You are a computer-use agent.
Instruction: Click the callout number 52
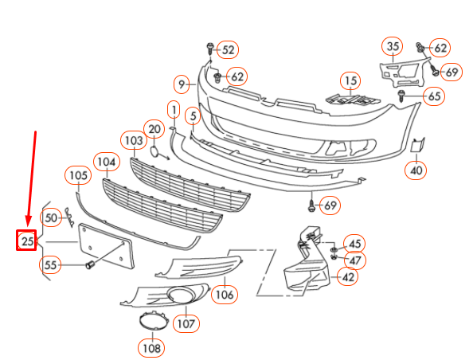pos(229,50)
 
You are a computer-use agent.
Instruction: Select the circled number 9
pos(182,83)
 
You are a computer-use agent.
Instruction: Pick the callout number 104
pos(105,162)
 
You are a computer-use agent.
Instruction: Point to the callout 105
pos(78,175)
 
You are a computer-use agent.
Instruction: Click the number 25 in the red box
pos(27,240)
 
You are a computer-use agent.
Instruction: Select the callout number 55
pos(50,265)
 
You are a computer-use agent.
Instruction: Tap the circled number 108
pos(150,347)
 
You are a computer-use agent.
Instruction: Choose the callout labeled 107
pos(186,323)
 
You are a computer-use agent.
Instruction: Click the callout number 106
pos(225,295)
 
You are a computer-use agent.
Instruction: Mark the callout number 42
pos(348,277)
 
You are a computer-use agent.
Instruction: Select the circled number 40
pos(416,169)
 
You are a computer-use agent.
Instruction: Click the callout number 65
pos(434,96)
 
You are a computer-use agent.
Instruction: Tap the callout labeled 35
pos(393,47)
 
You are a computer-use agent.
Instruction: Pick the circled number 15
pos(349,80)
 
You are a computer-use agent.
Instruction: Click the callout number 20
pos(154,129)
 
